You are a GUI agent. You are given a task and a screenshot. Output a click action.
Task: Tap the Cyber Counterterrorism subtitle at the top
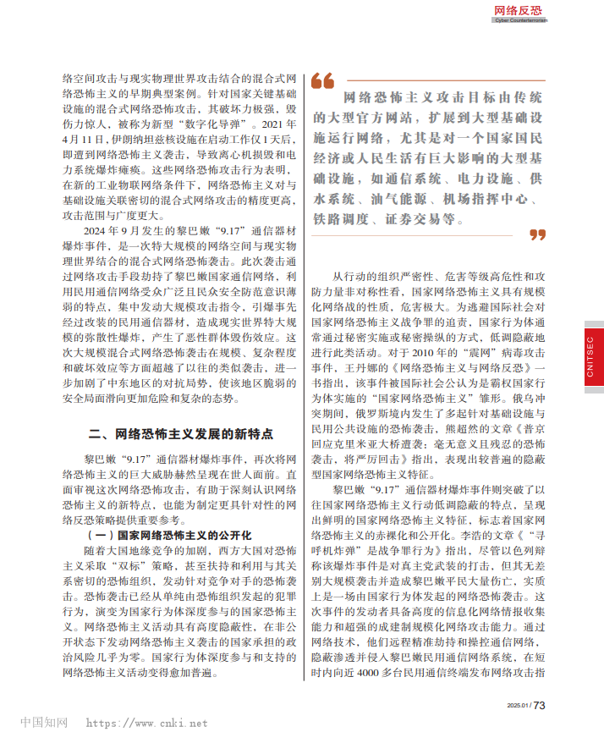[x=520, y=20]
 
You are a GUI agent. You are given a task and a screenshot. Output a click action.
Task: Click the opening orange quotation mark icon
[x=322, y=81]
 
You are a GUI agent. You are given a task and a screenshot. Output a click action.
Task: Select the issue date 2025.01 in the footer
[x=516, y=706]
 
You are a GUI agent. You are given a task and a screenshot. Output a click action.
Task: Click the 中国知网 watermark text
[x=43, y=723]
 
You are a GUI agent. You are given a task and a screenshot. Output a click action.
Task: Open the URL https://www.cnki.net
[x=146, y=724]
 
